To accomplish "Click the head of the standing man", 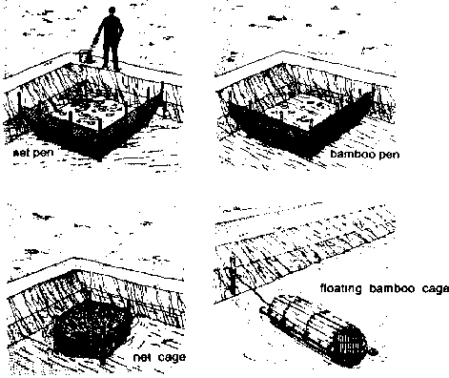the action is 112,11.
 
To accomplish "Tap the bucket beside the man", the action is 85,56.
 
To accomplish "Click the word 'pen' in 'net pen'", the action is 43,153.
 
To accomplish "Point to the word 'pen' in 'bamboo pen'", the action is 388,155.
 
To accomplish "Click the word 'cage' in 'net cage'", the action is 172,358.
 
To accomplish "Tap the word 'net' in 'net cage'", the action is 142,357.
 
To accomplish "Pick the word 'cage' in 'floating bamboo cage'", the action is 436,289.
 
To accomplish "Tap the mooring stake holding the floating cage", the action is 233,275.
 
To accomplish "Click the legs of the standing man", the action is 112,55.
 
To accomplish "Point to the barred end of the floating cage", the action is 352,345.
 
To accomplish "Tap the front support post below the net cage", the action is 102,358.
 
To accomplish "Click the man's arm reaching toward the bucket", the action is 97,35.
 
